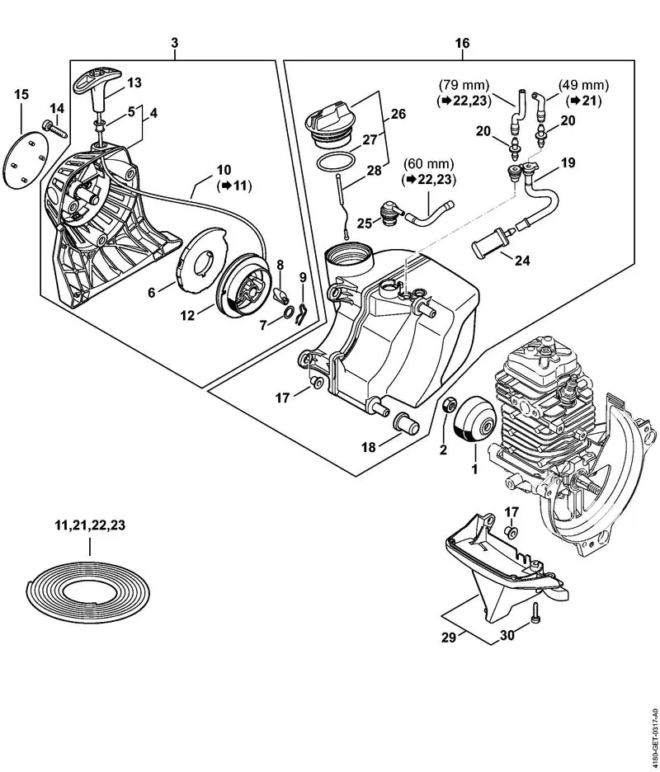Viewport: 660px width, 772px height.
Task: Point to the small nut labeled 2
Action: click(450, 406)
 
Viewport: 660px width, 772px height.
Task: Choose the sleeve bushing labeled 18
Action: click(408, 426)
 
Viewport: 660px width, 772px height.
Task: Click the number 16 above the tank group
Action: click(461, 42)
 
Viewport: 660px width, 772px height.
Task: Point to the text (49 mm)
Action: click(583, 85)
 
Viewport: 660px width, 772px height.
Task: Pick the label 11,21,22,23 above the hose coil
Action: click(78, 524)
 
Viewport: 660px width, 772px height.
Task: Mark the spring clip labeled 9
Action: click(304, 310)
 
